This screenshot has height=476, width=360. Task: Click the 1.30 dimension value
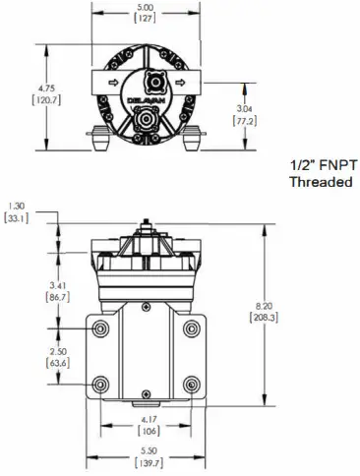(17, 207)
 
